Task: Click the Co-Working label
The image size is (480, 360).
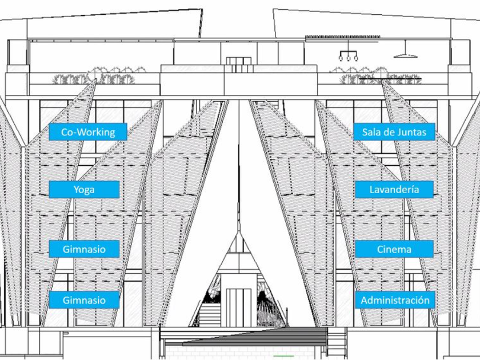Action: tap(87, 132)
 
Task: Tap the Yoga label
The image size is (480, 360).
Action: tap(83, 189)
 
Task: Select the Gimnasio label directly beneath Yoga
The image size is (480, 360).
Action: tap(84, 249)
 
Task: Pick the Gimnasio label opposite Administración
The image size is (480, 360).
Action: tap(84, 300)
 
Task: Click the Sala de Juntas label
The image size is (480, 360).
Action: tap(394, 132)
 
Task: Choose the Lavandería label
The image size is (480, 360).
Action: tap(394, 189)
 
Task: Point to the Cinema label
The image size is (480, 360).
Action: tap(394, 249)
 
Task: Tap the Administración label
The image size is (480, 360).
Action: tap(394, 300)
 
